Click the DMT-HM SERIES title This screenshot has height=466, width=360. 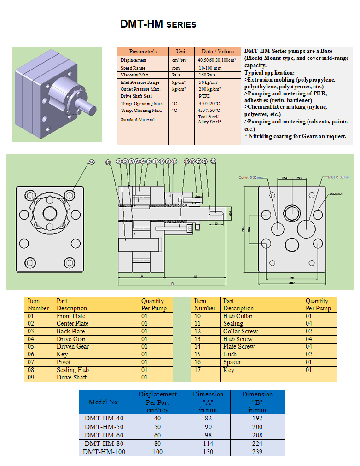[x=158, y=24]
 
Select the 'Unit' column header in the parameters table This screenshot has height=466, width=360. [x=181, y=52]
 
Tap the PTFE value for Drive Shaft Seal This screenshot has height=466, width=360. [x=204, y=96]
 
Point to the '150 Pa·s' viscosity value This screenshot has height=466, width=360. [x=208, y=75]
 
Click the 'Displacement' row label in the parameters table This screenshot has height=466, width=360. [x=134, y=60]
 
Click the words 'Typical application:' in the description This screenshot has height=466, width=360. [x=269, y=73]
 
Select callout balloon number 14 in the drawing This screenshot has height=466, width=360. [x=92, y=162]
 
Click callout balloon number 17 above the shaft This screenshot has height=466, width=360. [x=213, y=162]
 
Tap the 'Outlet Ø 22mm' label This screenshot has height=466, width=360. [x=250, y=177]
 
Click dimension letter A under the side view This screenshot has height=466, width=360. [x=142, y=276]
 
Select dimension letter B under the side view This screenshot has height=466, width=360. [x=172, y=284]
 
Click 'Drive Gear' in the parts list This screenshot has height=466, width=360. [x=71, y=339]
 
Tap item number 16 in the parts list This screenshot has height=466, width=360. [x=197, y=362]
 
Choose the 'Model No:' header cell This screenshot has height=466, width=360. [x=104, y=402]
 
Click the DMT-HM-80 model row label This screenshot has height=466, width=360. [x=104, y=443]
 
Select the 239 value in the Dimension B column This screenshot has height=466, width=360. [x=257, y=452]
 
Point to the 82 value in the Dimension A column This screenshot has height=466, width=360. [x=208, y=418]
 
